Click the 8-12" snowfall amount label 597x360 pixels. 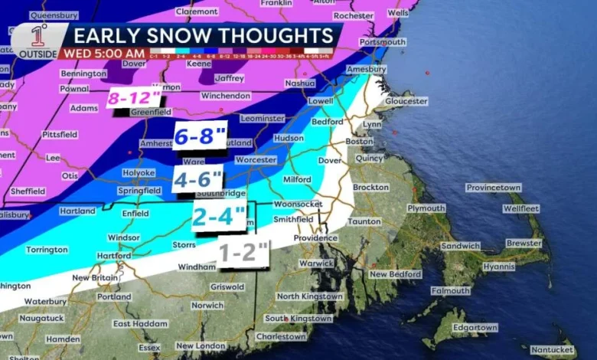coord(134,98)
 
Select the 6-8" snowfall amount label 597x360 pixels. coord(199,137)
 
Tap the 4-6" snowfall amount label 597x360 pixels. coord(197,179)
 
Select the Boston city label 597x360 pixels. coord(359,142)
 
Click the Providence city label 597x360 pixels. coord(315,238)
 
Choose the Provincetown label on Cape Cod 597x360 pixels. coord(494,188)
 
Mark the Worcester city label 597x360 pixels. coord(255,160)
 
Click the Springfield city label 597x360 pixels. coord(139,191)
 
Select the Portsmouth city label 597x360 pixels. coord(382,42)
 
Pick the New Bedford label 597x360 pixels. coord(395,274)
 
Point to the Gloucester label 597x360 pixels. coord(406,101)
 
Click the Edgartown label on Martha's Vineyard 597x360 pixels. coord(475,328)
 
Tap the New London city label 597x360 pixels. coord(201,346)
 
